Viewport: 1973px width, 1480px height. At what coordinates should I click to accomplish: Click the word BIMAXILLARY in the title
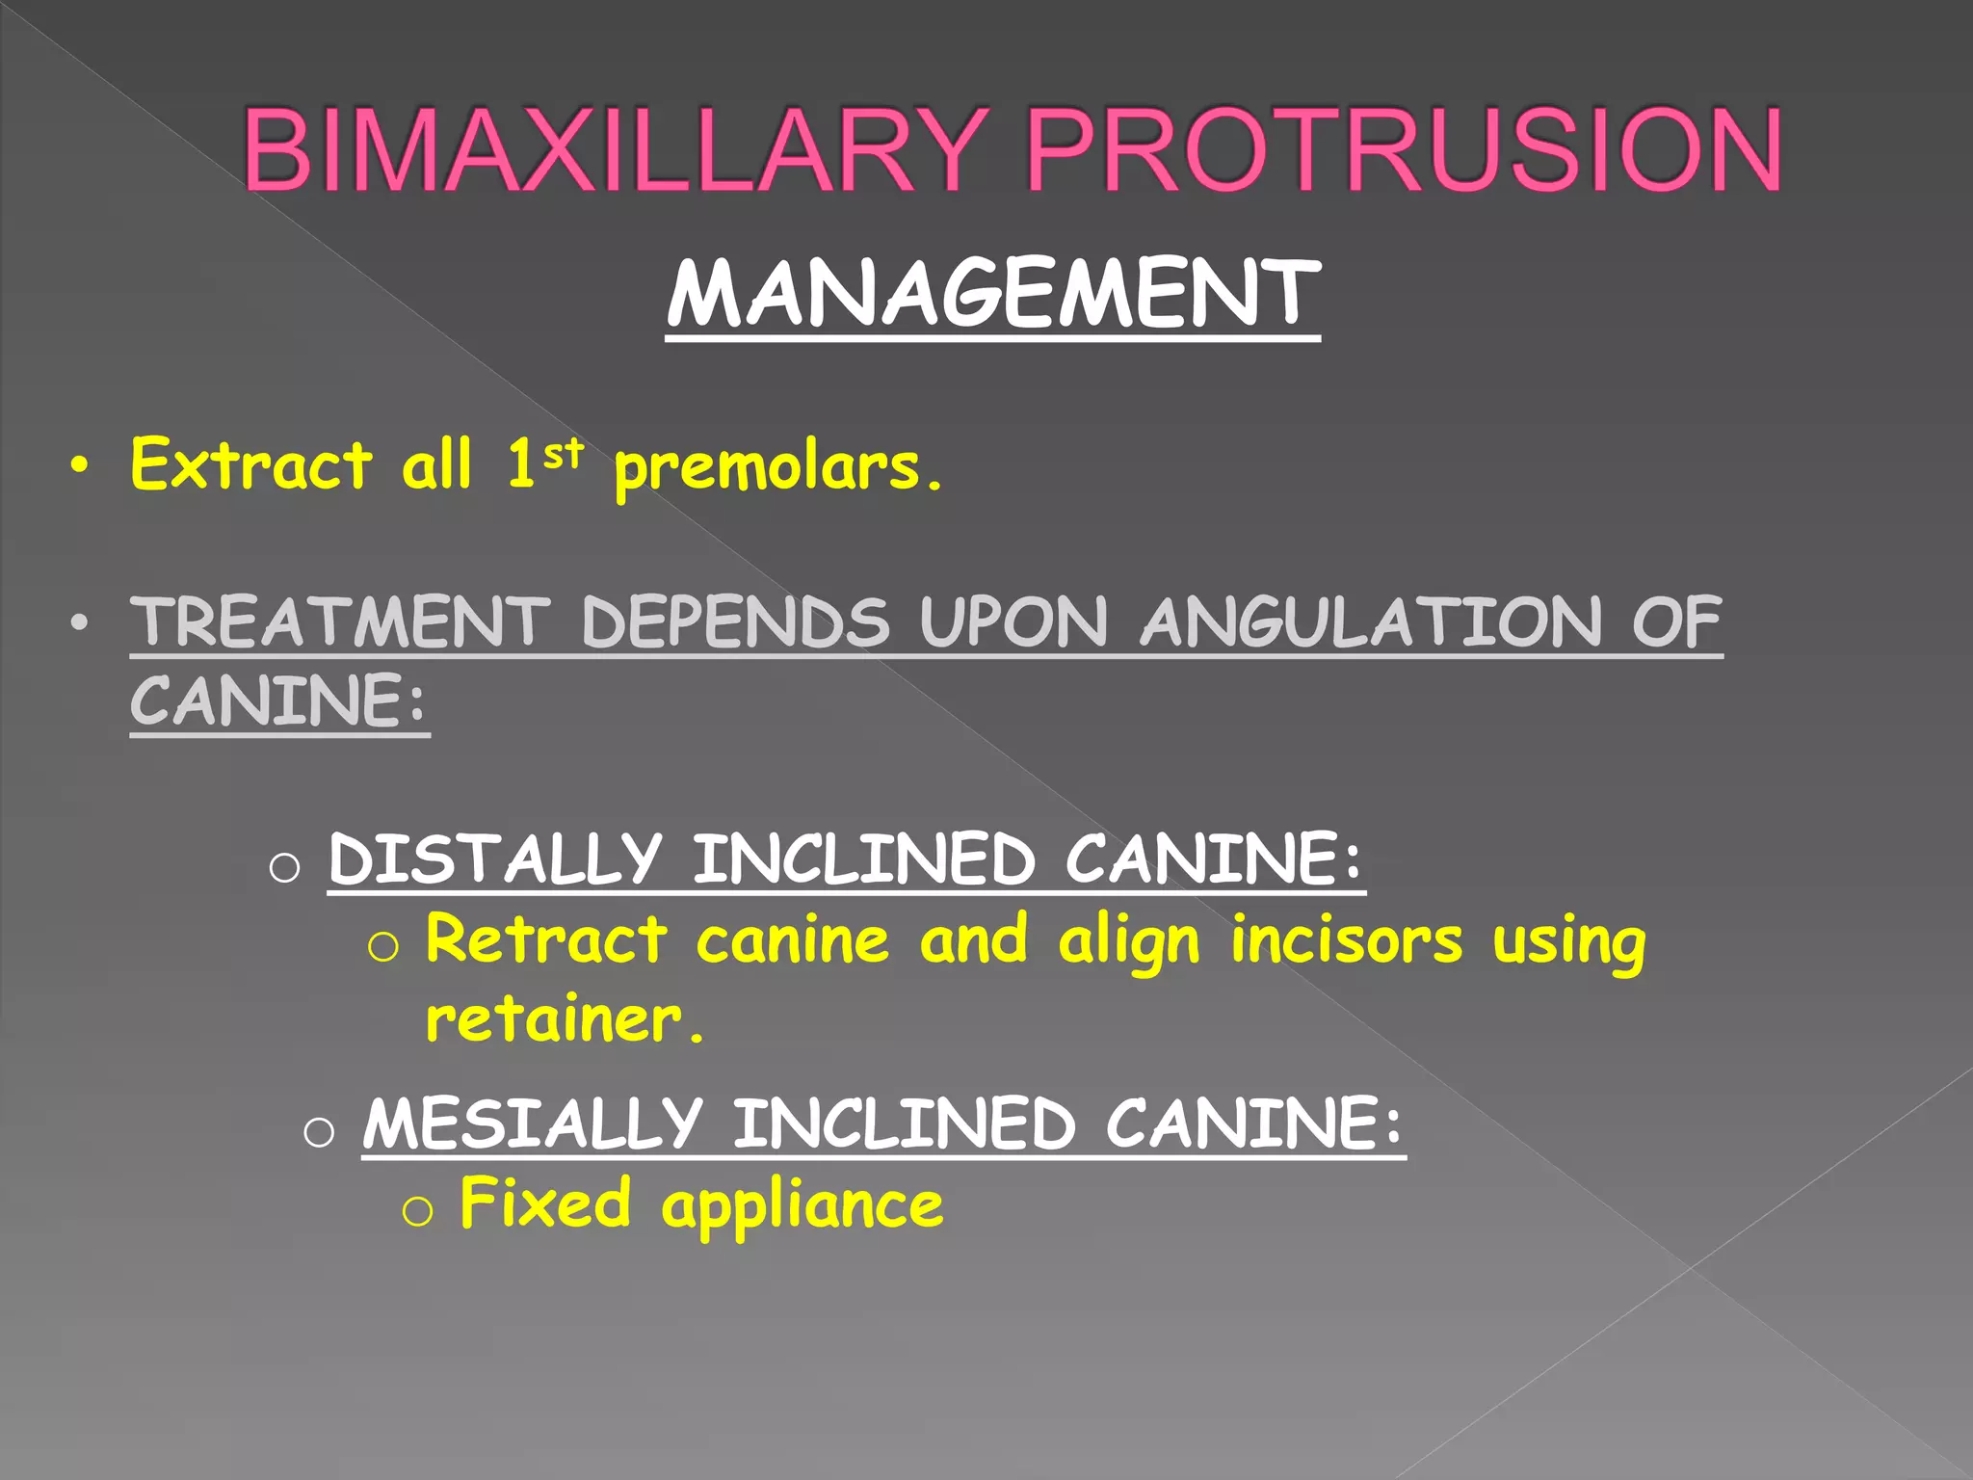(614, 150)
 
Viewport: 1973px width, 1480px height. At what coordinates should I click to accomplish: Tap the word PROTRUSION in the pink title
(1404, 150)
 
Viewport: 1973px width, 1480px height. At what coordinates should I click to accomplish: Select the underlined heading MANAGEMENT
(993, 294)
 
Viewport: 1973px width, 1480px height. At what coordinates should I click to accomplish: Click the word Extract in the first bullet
(250, 464)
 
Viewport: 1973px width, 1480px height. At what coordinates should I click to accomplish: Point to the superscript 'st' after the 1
(564, 453)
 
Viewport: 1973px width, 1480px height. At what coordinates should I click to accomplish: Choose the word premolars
(776, 468)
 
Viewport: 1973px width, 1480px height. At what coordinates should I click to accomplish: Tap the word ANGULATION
(1372, 621)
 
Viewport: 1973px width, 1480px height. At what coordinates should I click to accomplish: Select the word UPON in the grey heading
(1014, 621)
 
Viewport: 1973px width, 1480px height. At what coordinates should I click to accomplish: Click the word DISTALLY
(495, 859)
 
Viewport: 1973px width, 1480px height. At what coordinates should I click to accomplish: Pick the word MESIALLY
(533, 1123)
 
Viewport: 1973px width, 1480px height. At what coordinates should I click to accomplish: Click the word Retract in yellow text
(546, 939)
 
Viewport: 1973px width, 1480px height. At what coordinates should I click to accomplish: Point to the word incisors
(1347, 939)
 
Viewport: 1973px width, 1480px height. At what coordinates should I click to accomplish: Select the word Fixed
(545, 1203)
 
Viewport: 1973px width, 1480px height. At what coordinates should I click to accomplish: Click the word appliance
(802, 1206)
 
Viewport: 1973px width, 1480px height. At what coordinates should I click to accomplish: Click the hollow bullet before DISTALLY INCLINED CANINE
(285, 867)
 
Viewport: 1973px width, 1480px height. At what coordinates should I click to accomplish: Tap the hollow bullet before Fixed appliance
(417, 1211)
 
